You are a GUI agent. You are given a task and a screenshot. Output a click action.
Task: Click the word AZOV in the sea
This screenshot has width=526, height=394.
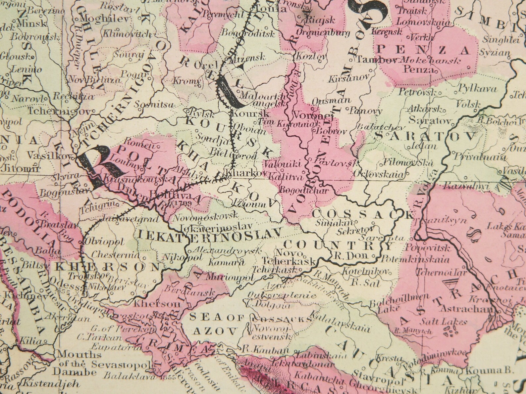point(215,330)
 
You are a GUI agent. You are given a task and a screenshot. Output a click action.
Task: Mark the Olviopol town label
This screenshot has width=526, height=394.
point(100,241)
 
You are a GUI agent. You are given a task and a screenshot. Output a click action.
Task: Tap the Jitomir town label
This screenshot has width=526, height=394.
point(21,168)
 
